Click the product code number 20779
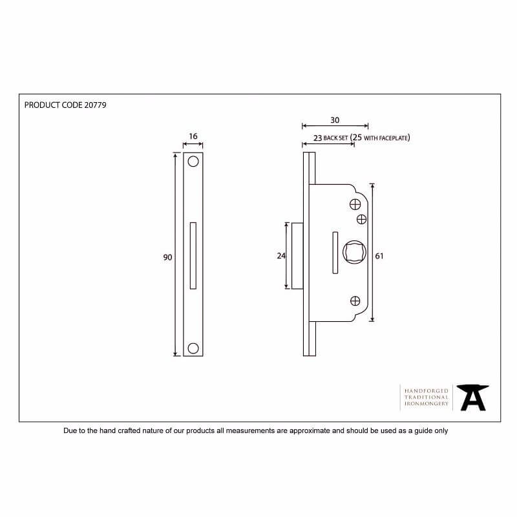coord(95,105)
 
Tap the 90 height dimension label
coord(167,257)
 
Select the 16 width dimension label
coord(193,136)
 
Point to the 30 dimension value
coord(335,120)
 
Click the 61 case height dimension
coord(379,256)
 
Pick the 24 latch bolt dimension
coord(281,256)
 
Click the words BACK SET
coord(335,138)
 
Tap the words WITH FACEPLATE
coord(386,138)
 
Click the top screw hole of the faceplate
coord(193,162)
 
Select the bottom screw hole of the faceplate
coord(193,348)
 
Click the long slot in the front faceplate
coord(193,255)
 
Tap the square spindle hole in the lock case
coord(354,252)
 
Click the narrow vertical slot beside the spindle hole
coord(335,253)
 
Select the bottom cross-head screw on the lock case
coord(355,301)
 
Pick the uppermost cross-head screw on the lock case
coord(355,204)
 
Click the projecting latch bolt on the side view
coord(297,256)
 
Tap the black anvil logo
coord(473,397)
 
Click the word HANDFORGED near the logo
coord(427,391)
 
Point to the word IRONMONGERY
coord(427,403)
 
